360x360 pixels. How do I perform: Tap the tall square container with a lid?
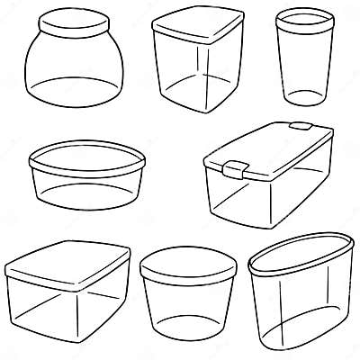pos(195,67)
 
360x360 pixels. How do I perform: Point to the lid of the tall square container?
pos(196,27)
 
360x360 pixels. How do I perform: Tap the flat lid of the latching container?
pos(270,148)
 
